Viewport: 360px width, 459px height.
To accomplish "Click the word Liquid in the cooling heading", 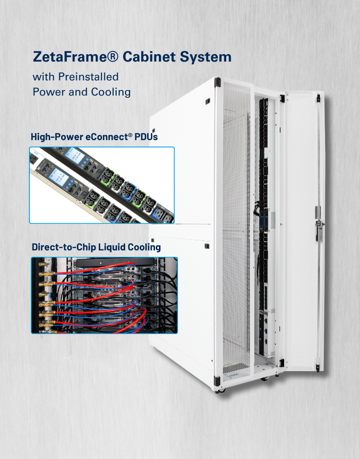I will click(x=115, y=247).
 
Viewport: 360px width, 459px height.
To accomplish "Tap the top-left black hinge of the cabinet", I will click(x=218, y=83).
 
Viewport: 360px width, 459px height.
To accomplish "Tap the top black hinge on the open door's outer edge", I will click(x=318, y=98).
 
